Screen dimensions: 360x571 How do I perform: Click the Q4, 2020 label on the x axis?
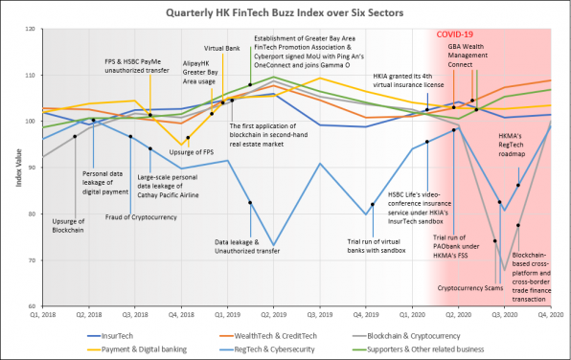click(548, 315)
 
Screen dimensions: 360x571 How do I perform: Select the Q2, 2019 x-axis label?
click(275, 315)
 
